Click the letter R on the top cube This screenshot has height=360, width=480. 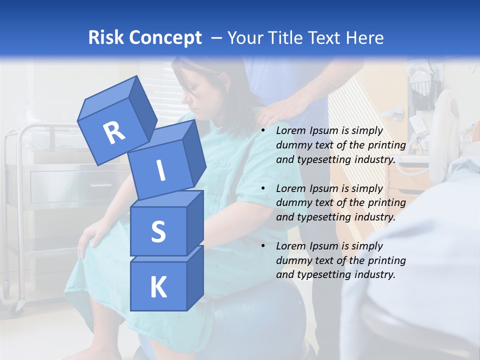coord(114,132)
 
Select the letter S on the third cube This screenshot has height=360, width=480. coord(158,231)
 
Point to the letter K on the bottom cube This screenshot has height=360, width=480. coord(158,287)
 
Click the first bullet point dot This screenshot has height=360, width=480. coord(263,131)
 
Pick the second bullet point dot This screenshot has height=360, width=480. coord(263,188)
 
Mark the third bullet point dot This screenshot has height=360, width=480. coord(263,246)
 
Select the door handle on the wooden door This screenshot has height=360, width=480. coord(396,112)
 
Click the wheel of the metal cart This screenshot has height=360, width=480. coord(20,304)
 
